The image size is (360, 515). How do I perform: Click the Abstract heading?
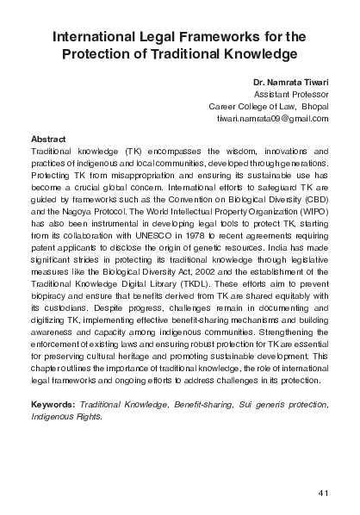[47, 139]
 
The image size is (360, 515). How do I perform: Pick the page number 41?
[324, 493]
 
